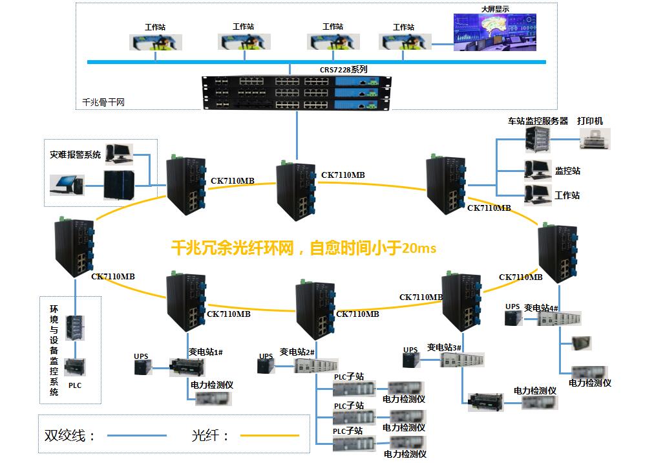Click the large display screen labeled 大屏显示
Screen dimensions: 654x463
tap(494, 32)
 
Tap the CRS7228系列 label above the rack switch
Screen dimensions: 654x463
tap(343, 69)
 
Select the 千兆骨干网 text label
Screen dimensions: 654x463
tap(103, 102)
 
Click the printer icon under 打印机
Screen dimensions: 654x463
tap(595, 138)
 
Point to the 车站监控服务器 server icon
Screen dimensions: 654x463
tap(537, 140)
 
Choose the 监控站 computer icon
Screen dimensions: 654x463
tap(537, 170)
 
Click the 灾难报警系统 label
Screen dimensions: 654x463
tap(75, 155)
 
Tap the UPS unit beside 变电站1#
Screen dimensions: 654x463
tap(143, 367)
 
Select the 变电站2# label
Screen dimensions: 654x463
tap(297, 352)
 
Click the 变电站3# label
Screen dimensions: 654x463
tap(444, 347)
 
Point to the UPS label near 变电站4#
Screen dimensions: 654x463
tap(512, 307)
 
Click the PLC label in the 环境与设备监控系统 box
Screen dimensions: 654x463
tap(75, 385)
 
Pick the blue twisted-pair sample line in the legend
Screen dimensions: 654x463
tap(137, 435)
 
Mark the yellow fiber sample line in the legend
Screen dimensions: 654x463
tap(269, 435)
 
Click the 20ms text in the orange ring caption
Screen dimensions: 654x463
tap(419, 248)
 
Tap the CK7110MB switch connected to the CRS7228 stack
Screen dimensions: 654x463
tap(296, 191)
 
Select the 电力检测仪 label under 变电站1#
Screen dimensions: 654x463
tap(212, 385)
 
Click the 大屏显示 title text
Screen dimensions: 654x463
tap(495, 9)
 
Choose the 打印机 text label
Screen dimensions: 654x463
tap(590, 121)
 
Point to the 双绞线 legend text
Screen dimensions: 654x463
tap(65, 435)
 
